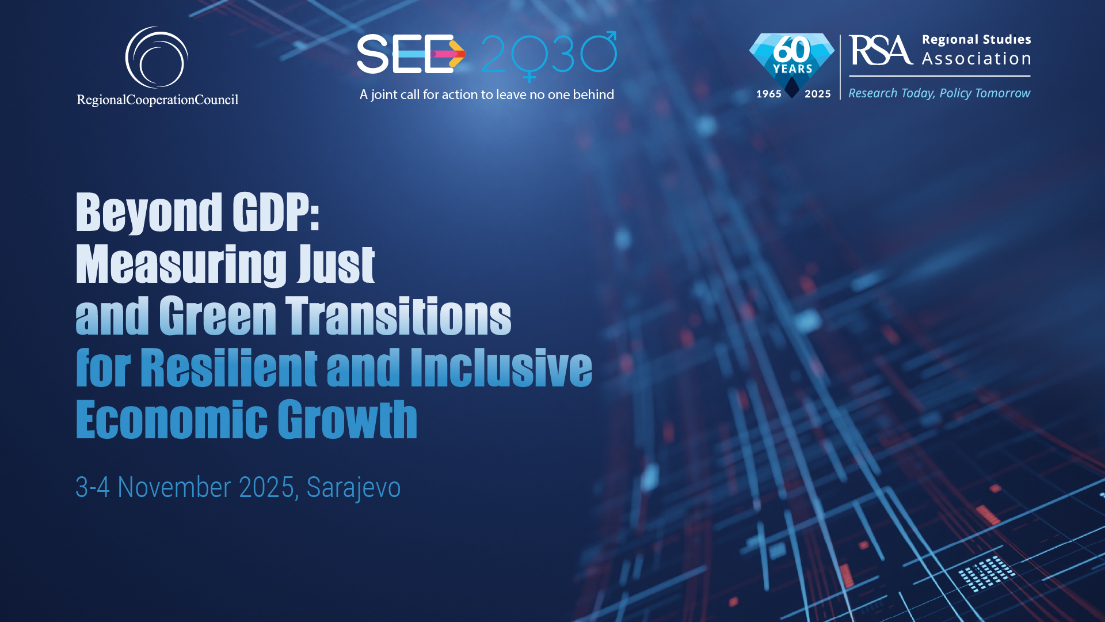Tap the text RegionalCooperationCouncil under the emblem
[x=158, y=100]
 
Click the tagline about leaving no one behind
[x=487, y=94]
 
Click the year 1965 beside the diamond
[x=769, y=94]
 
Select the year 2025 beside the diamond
[x=818, y=94]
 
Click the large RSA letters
[x=881, y=50]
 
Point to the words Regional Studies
[x=976, y=40]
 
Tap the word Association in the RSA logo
[x=976, y=59]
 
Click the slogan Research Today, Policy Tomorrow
[x=939, y=93]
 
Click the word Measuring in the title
[x=181, y=265]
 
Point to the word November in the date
[x=174, y=487]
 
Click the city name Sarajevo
[x=353, y=488]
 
